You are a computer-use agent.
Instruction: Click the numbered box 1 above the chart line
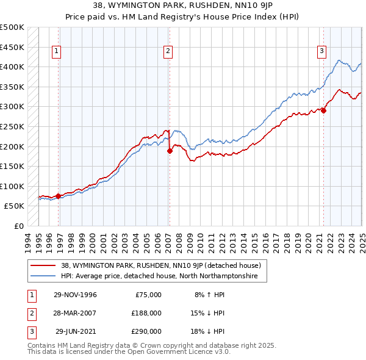click(x=56, y=52)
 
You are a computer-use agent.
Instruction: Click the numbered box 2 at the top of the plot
click(x=167, y=52)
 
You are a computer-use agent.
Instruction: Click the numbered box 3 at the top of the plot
click(x=321, y=52)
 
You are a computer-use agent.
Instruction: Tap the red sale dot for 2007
click(x=170, y=151)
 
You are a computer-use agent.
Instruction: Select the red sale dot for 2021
click(x=324, y=110)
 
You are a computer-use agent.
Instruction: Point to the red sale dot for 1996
click(x=59, y=196)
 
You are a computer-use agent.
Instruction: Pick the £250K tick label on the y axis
click(x=12, y=127)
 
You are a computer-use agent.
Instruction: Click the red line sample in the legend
click(x=43, y=265)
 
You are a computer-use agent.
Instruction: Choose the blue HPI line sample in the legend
click(x=43, y=276)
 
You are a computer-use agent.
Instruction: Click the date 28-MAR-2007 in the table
click(x=75, y=313)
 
